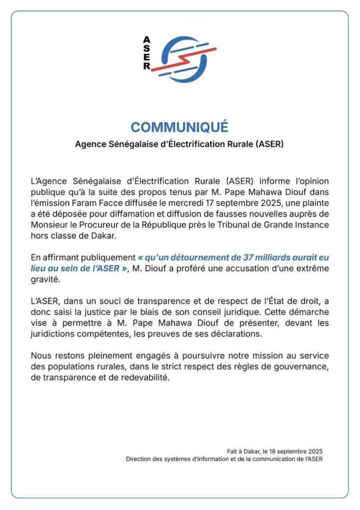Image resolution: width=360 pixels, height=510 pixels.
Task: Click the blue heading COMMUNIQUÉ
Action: click(x=180, y=127)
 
